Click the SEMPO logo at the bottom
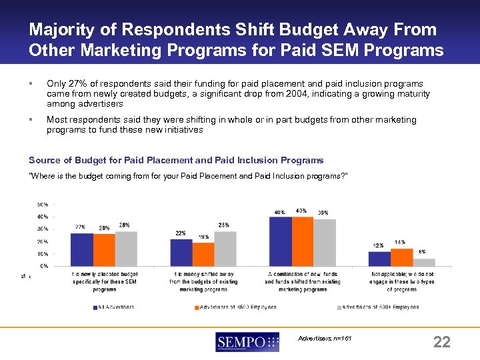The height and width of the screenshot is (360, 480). point(247,343)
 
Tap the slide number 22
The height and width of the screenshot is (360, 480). point(442,343)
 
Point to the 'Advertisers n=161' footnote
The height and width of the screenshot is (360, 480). point(325,339)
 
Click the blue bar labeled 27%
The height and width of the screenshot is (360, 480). point(81,249)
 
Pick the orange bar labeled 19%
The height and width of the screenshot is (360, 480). point(203,254)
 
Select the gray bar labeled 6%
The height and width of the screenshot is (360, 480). point(424,262)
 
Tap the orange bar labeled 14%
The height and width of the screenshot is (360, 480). point(401,257)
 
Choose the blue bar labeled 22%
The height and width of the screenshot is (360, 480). point(181,252)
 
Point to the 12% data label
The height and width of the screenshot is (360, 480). point(378,245)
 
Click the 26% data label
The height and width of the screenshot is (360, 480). point(103,228)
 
